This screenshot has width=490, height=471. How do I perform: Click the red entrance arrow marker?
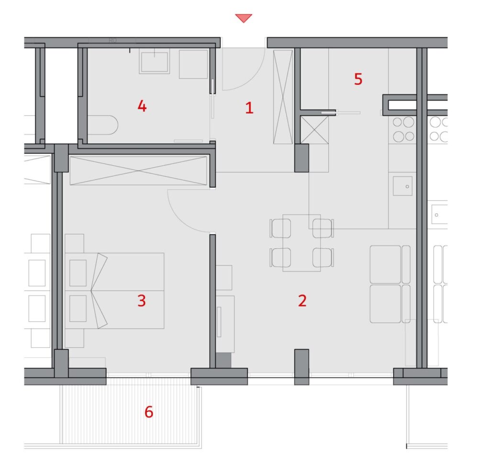pos(244,18)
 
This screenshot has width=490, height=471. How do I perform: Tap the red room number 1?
pos(249,108)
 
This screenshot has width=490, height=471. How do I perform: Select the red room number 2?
pos(302,300)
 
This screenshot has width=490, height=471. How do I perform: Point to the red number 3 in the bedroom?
pos(142,300)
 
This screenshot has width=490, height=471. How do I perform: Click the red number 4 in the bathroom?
pos(142,106)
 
